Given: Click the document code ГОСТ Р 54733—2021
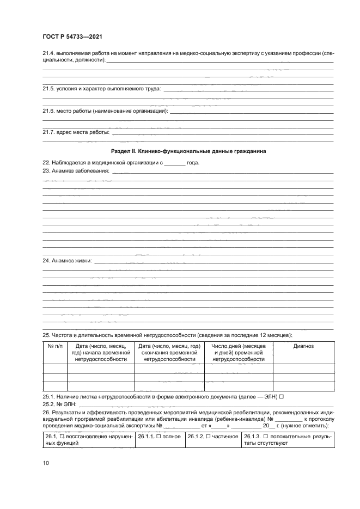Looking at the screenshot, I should coord(72,36).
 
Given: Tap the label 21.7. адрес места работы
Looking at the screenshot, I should coord(76,132).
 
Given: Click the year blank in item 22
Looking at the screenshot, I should coord(175,163).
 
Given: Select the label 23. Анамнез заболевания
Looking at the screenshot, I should coord(76,171).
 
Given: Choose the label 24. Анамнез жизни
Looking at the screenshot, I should coord(68,261).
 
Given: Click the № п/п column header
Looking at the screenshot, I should coord(54,346).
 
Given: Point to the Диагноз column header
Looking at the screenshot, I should coord(303,346).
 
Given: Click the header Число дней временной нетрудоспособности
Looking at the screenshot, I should coord(239,353).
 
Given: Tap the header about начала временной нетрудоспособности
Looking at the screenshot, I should coord(101,353).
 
